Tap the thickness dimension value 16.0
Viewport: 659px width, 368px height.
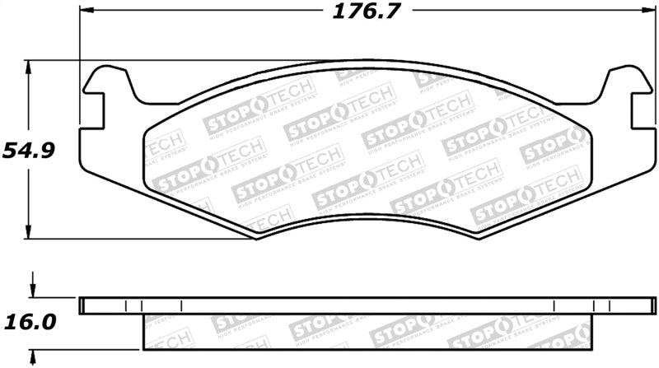pyautogui.click(x=30, y=322)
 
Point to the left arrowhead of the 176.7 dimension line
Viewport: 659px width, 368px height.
pyautogui.click(x=86, y=13)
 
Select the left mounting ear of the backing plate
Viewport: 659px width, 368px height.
pyautogui.click(x=109, y=79)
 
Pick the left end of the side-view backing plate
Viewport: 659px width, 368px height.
pyautogui.click(x=81, y=305)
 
